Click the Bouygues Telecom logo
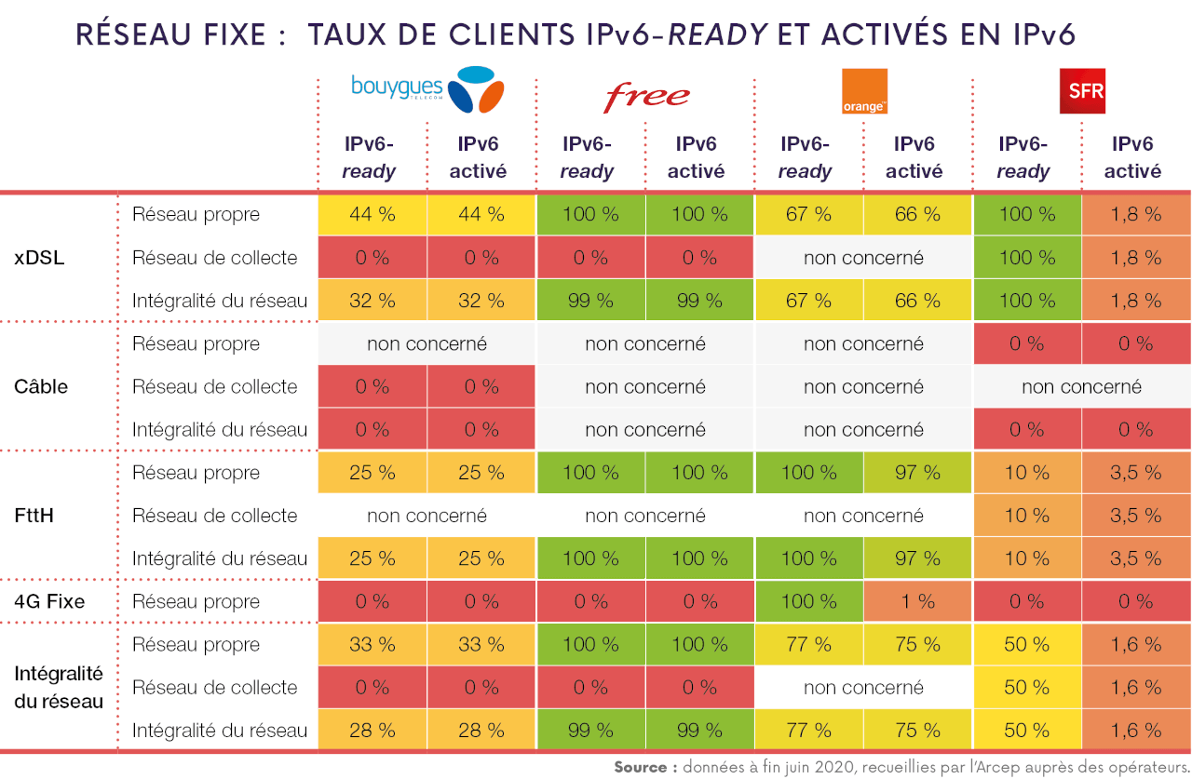pyautogui.click(x=427, y=90)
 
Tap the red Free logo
pyautogui.click(x=646, y=95)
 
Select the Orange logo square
pyautogui.click(x=863, y=91)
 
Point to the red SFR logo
pyautogui.click(x=1082, y=91)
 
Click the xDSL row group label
pyautogui.click(x=39, y=258)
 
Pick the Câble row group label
pyautogui.click(x=41, y=386)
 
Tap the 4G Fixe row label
pyautogui.click(x=49, y=601)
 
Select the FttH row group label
pyautogui.click(x=34, y=516)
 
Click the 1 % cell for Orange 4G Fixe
pyautogui.click(x=917, y=601)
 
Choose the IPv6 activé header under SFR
pyautogui.click(x=1132, y=157)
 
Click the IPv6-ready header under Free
pyautogui.click(x=587, y=157)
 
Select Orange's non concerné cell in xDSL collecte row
pyautogui.click(x=863, y=258)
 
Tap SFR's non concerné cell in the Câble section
pyautogui.click(x=1081, y=386)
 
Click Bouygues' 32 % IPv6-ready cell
pyautogui.click(x=372, y=301)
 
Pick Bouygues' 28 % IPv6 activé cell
pyautogui.click(x=481, y=731)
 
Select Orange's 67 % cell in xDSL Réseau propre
pyautogui.click(x=808, y=214)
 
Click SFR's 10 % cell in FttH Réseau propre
pyautogui.click(x=1026, y=473)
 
